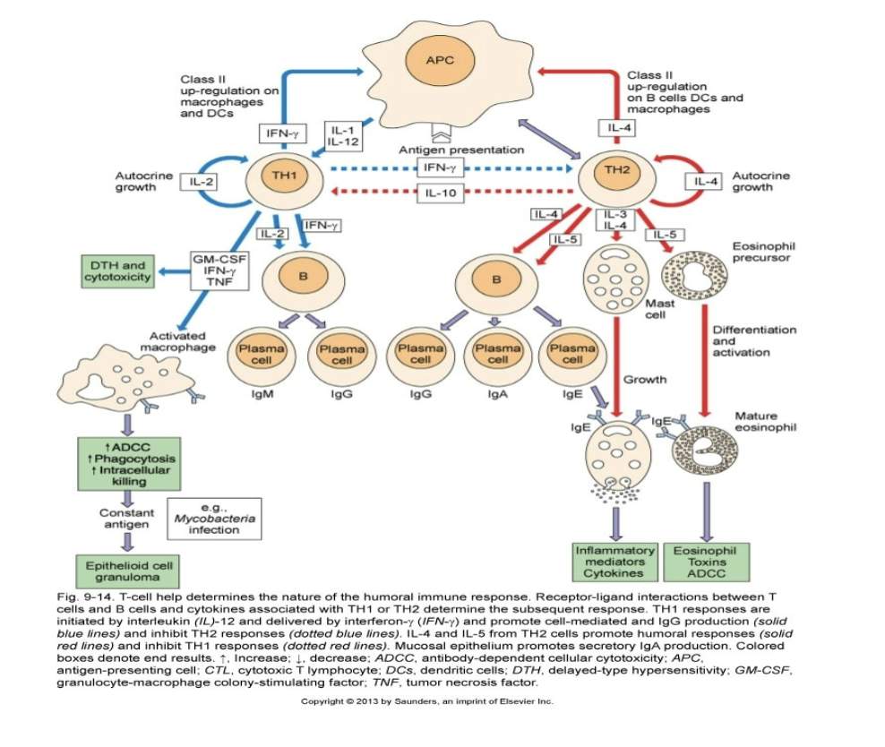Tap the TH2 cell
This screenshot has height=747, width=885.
tap(616, 174)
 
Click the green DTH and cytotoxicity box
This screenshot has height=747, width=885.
tap(116, 271)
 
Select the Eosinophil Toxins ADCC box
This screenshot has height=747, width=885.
tap(709, 562)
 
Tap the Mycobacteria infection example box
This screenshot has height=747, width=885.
tap(214, 519)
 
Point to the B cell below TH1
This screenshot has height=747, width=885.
tap(304, 277)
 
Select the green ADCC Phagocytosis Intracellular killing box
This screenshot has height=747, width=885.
tap(129, 462)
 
